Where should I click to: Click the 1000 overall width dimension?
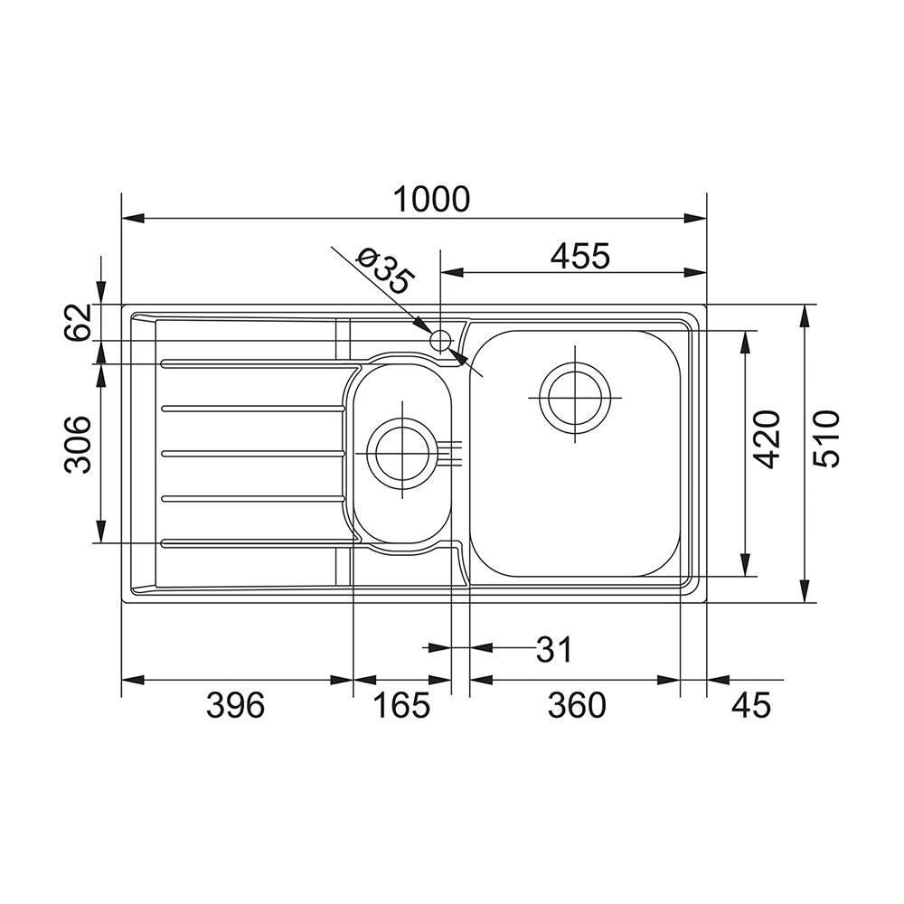pyautogui.click(x=431, y=199)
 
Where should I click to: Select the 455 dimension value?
pyautogui.click(x=579, y=256)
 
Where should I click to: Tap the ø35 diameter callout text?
pyautogui.click(x=385, y=271)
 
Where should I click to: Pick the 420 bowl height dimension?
pyautogui.click(x=767, y=438)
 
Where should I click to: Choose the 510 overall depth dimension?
pyautogui.click(x=826, y=438)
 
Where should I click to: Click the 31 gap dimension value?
pyautogui.click(x=553, y=650)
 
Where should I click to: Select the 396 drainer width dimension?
pyautogui.click(x=235, y=705)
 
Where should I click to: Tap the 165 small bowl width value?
pyautogui.click(x=402, y=705)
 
